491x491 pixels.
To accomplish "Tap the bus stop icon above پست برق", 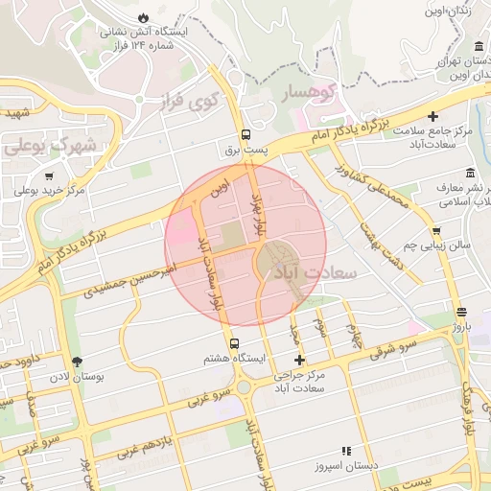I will (245, 134).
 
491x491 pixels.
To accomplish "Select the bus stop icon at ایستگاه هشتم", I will (235, 342).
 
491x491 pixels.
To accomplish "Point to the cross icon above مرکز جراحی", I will (300, 361).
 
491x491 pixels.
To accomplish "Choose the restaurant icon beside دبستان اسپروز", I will (346, 451).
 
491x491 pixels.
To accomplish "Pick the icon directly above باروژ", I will (462, 312).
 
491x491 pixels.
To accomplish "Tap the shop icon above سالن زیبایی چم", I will (437, 230).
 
